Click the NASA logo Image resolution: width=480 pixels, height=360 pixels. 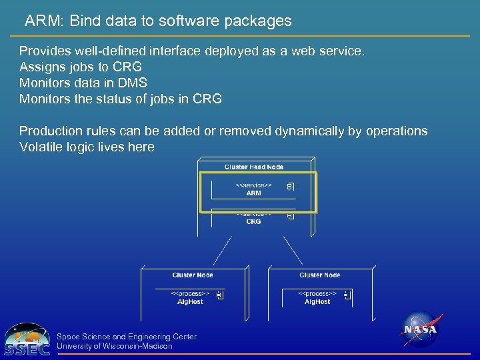[421, 330]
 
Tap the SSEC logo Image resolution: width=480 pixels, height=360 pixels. [27, 339]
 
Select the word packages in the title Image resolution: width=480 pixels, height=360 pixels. [257, 21]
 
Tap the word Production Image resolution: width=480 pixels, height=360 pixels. [50, 131]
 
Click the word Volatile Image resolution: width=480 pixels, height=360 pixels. [43, 147]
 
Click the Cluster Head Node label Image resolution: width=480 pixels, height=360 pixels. [254, 167]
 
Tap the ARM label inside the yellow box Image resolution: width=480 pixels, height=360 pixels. [253, 193]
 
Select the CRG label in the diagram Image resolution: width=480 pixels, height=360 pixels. [253, 221]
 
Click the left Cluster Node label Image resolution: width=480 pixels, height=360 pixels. [193, 275]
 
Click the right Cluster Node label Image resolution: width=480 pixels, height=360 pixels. [319, 275]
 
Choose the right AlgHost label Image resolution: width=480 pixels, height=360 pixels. [317, 302]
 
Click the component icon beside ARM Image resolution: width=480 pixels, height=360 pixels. [290, 187]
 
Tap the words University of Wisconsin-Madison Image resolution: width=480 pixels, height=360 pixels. [115, 346]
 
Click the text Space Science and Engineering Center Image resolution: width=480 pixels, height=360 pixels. [127, 337]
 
